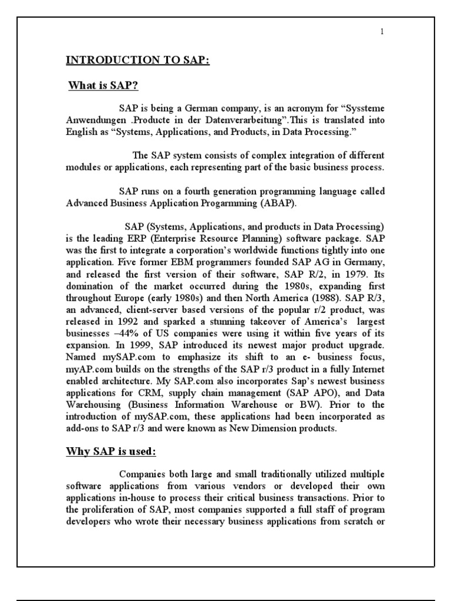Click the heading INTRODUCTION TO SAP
point(136,60)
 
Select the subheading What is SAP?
point(103,87)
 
